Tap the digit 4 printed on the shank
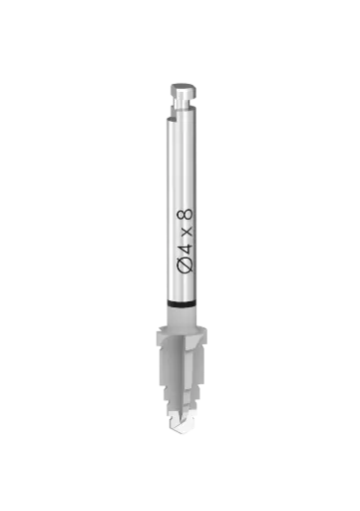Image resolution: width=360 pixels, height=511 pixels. pos(185,250)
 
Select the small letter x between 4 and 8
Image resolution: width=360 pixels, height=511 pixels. pos(187,232)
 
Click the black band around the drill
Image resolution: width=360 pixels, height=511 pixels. pos(181,303)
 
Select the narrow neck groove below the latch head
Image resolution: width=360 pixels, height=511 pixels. pos(183,103)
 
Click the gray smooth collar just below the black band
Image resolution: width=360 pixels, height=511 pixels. pos(181,316)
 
